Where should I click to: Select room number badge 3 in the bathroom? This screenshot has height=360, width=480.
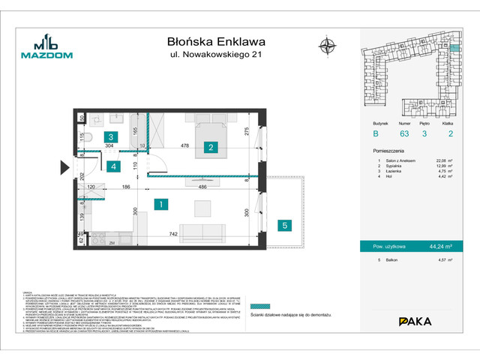110,137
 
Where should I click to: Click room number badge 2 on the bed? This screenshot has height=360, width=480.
211,147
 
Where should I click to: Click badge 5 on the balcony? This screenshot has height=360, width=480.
284,224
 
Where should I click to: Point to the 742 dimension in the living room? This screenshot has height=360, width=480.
174,235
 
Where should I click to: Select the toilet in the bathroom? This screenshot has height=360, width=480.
86,137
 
